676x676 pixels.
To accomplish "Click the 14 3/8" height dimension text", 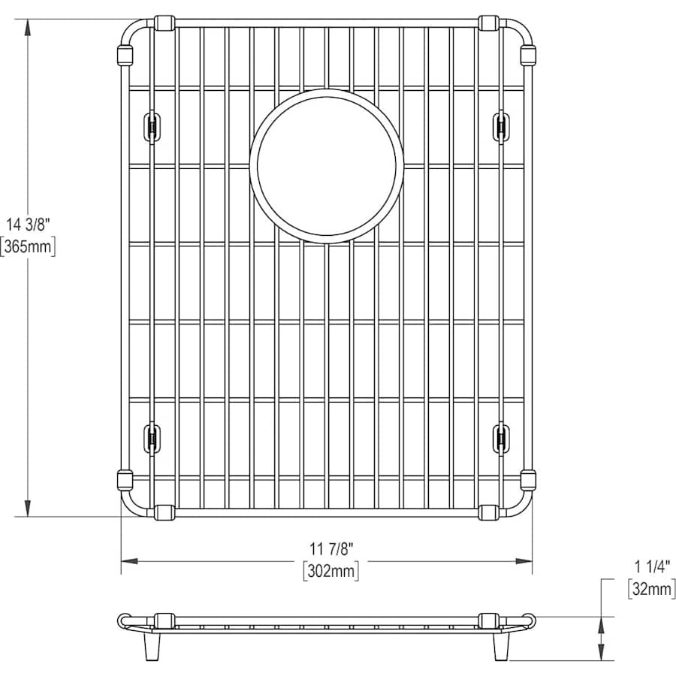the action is pos(28,225).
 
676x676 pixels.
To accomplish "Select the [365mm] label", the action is pos(28,247).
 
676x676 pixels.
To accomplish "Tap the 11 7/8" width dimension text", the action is pos(331,549).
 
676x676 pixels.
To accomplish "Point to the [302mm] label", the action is pos(331,572).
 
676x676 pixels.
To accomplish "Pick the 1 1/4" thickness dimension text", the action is pos(652,566).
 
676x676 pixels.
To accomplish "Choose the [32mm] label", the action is pos(652,588).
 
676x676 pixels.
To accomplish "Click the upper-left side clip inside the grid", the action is pos(152,127).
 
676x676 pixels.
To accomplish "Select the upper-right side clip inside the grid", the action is pos(501,127).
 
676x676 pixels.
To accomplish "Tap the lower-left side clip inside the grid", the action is pos(152,439).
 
